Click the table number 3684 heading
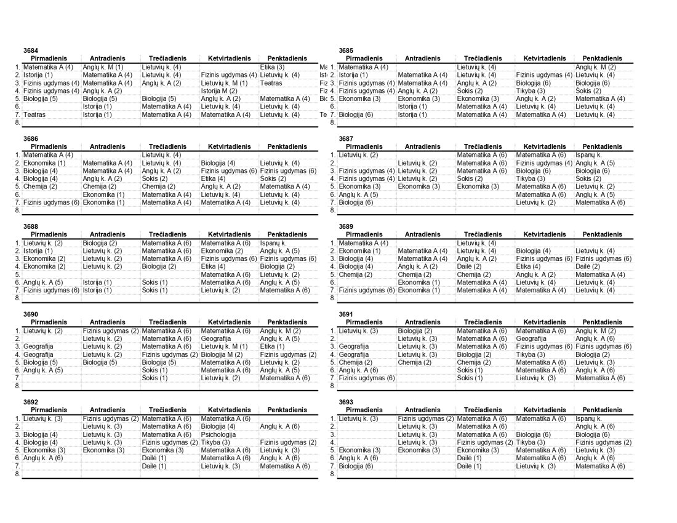pyautogui.click(x=31, y=50)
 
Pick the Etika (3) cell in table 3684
pyautogui.click(x=272, y=66)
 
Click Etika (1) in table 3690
pyautogui.click(x=272, y=346)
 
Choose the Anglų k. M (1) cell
pyautogui.click(x=103, y=66)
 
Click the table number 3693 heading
pyautogui.click(x=346, y=402)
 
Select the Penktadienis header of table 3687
pyautogui.click(x=603, y=146)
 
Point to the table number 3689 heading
pyautogui.click(x=346, y=226)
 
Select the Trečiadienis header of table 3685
pyautogui.click(x=483, y=58)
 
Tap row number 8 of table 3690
pyautogui.click(x=17, y=386)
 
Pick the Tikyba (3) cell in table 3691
pyautogui.click(x=530, y=354)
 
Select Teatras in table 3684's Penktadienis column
pyautogui.click(x=271, y=82)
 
